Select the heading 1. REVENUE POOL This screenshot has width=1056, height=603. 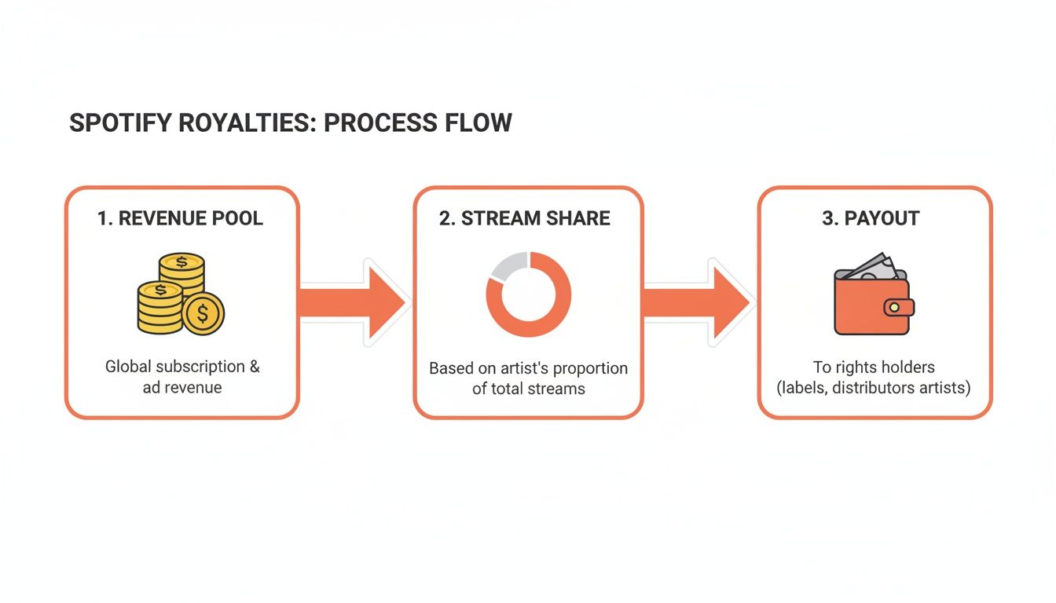click(x=181, y=218)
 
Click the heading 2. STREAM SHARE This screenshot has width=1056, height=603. click(x=525, y=218)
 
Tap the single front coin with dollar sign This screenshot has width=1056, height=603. click(x=203, y=314)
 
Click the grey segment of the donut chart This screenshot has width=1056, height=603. click(x=506, y=267)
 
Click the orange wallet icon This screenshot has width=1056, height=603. click(x=868, y=306)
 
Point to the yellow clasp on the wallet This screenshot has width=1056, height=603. click(x=894, y=307)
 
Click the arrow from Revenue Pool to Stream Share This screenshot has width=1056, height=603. click(x=354, y=302)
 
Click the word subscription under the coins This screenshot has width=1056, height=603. click(x=200, y=367)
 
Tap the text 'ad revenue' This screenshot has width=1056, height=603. click(x=182, y=387)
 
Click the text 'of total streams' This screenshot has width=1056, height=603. click(x=528, y=388)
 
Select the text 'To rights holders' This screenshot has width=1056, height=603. click(x=874, y=367)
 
